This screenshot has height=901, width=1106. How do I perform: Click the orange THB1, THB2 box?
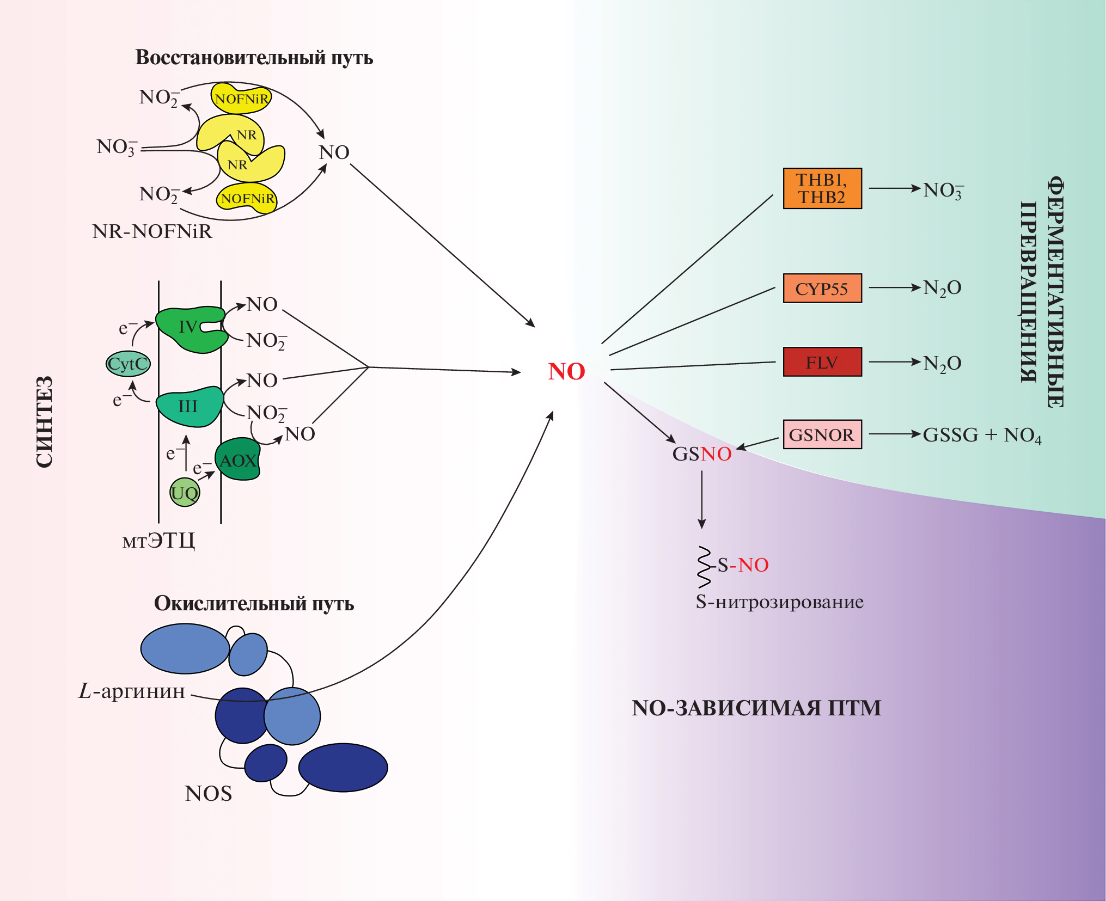tap(822, 188)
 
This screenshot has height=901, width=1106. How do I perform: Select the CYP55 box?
tap(822, 288)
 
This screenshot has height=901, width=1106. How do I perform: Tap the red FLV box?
tap(822, 362)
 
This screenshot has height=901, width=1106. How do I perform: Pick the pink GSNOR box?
tap(822, 434)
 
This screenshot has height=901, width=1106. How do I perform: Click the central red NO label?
tap(566, 371)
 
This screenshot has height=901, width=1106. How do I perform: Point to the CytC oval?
tap(128, 364)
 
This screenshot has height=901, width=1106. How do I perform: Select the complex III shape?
tap(188, 406)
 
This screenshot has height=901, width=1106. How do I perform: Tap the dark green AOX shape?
tap(237, 461)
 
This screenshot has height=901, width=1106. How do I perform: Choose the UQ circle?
tap(185, 493)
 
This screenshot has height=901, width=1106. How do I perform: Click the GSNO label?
tap(701, 453)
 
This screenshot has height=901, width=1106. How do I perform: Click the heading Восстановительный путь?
tap(254, 58)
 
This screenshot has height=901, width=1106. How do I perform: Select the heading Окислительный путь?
tap(254, 603)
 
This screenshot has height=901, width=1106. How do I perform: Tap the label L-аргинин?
tap(132, 691)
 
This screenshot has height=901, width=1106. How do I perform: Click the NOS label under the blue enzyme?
tap(208, 793)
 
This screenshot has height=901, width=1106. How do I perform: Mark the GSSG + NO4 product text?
tap(982, 435)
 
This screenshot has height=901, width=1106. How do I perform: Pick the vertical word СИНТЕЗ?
tap(45, 421)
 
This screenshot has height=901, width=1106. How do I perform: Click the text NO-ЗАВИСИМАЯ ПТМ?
tap(756, 708)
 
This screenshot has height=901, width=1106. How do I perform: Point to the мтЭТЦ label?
tap(158, 541)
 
